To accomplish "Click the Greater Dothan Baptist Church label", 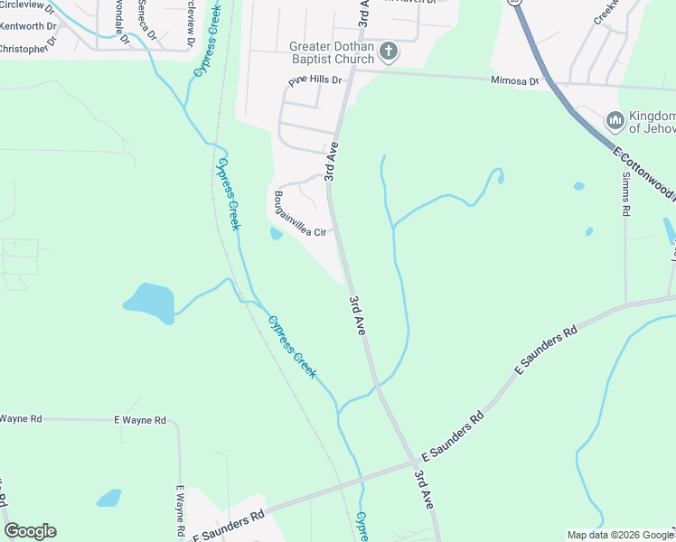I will tap(331, 52).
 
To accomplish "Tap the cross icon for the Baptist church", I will tap(389, 51).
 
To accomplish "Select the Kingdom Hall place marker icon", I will tap(615, 120).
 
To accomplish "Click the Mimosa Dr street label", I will tap(513, 80).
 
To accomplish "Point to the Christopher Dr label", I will tap(27, 48).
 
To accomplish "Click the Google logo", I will tap(30, 531).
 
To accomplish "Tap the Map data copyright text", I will tap(619, 535).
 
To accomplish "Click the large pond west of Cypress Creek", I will tap(149, 302).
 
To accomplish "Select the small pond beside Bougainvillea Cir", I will tap(276, 234).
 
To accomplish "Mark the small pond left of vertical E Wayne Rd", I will tap(109, 498).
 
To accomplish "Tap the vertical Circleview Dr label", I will tap(189, 23).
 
